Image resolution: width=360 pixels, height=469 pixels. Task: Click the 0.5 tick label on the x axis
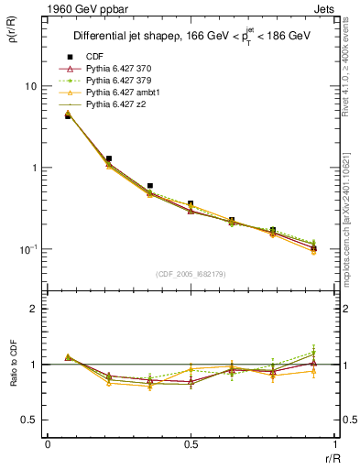click(x=191, y=444)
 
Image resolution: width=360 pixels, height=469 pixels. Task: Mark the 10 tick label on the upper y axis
click(x=30, y=86)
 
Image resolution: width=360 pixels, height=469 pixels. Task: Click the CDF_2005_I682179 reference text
click(x=190, y=274)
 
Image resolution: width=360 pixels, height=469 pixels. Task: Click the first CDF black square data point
click(x=68, y=116)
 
